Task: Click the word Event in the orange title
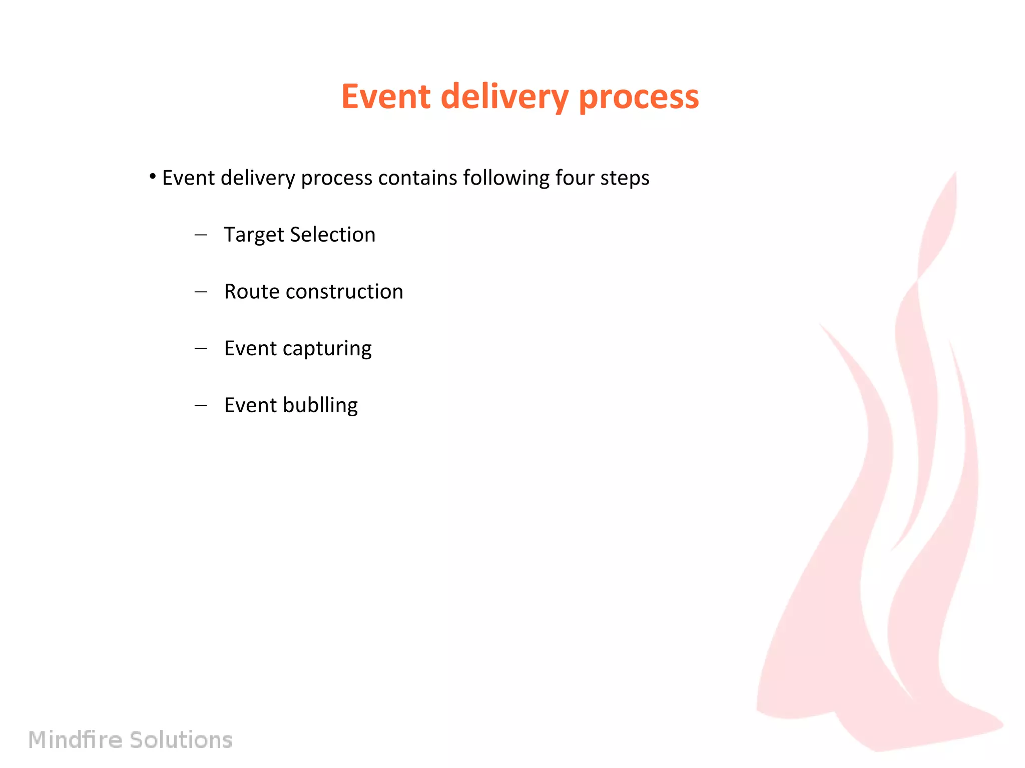385,96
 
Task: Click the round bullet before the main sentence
153,176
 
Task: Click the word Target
254,235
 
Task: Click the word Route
252,291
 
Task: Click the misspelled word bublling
320,405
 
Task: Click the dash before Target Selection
201,234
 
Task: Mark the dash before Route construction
201,291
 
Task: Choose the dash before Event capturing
201,348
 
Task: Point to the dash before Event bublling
201,405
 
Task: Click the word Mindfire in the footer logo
75,739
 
